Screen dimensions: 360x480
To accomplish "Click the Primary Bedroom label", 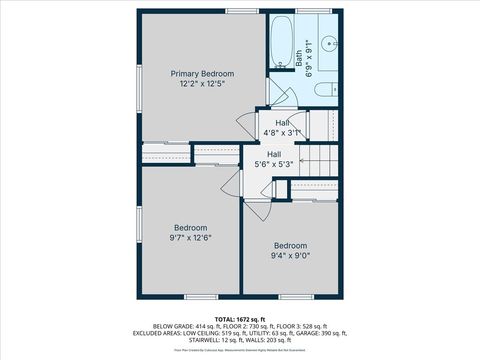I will click(202, 74).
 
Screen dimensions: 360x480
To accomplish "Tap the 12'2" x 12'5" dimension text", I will click(202, 85).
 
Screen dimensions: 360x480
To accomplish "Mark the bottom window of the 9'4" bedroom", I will click(294, 297).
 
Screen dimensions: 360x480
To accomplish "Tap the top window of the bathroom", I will click(305, 11).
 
